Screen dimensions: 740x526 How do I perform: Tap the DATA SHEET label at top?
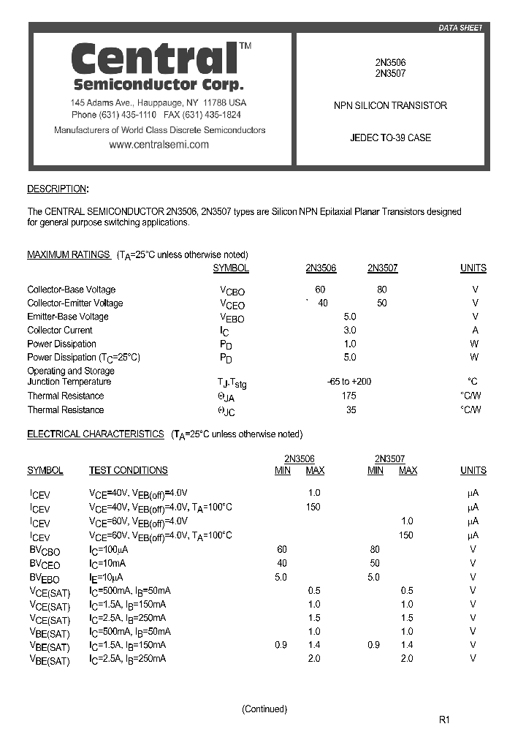[460, 28]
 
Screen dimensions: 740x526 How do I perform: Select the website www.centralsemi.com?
[159, 145]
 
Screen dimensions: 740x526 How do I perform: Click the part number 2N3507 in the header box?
[390, 73]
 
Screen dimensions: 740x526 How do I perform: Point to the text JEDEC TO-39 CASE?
[390, 137]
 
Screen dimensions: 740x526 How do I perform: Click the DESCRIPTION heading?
[56, 189]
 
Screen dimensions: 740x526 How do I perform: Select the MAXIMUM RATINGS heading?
[69, 254]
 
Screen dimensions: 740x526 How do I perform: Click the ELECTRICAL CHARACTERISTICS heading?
[95, 434]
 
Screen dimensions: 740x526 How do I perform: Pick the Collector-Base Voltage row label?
[71, 290]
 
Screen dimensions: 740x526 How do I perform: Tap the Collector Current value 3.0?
[350, 331]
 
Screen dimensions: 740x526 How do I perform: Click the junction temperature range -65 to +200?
[349, 382]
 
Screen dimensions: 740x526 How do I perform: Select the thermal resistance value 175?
[350, 396]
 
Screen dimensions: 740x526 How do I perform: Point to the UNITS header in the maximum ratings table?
[473, 268]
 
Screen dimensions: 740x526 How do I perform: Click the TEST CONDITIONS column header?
[128, 470]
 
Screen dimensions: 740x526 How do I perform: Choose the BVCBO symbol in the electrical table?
[45, 550]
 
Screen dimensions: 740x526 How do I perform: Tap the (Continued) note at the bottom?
[264, 709]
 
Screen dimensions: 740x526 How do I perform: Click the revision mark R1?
[444, 720]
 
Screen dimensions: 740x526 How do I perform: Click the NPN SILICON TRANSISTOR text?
[390, 105]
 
